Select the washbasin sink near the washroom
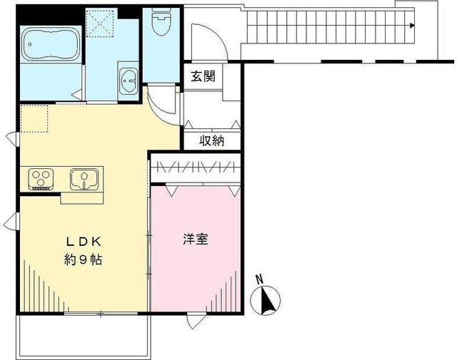[x=129, y=78]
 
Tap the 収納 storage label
[x=212, y=140]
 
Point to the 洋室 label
[x=195, y=240]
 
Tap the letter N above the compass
[x=260, y=279]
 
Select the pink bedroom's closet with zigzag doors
[x=194, y=168]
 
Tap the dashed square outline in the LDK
[x=34, y=118]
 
